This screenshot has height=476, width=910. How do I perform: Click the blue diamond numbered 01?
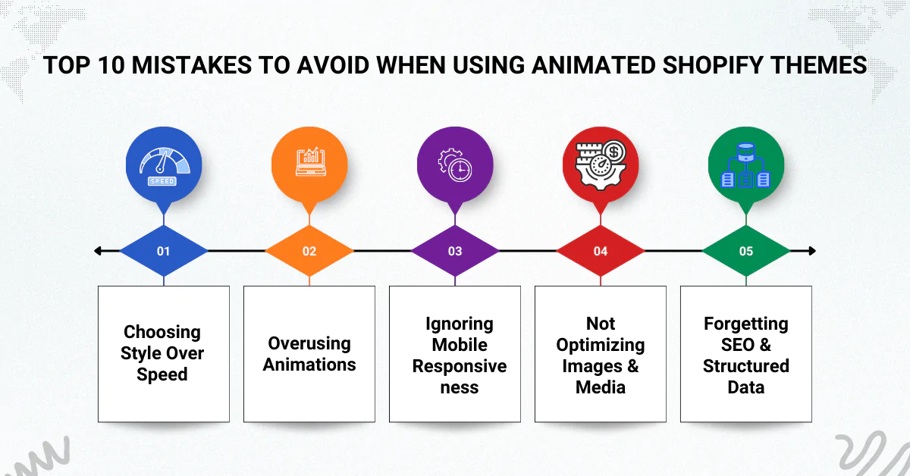tap(164, 251)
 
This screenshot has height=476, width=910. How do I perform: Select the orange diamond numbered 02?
tap(309, 251)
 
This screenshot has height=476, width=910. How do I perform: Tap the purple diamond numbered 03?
tap(455, 251)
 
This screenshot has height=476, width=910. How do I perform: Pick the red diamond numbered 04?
tap(601, 251)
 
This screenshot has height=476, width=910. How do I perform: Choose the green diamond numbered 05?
tap(746, 251)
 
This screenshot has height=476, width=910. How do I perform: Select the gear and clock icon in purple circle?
tap(455, 163)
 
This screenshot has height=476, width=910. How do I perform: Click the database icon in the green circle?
tap(746, 163)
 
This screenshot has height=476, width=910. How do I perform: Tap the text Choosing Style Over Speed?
tap(163, 353)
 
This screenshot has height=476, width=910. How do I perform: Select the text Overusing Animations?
tap(309, 354)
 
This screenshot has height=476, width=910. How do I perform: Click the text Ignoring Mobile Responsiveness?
tap(455, 355)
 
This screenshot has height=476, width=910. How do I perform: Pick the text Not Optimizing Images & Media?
tap(601, 355)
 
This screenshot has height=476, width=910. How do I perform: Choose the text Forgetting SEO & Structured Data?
tap(746, 355)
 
